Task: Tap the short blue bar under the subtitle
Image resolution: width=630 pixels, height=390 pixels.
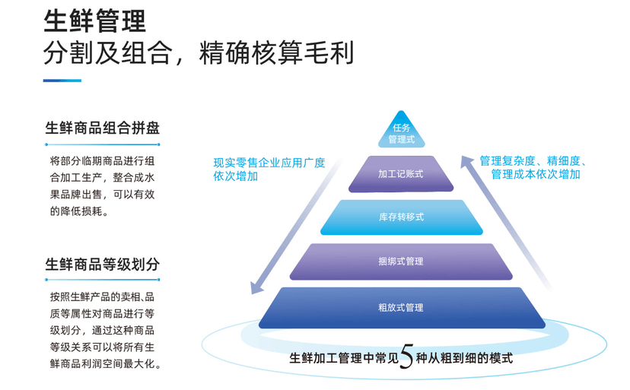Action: pyautogui.click(x=62, y=81)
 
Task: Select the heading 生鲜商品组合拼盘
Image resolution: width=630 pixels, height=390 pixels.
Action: pyautogui.click(x=102, y=128)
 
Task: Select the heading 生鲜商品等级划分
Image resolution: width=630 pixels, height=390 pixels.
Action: pyautogui.click(x=102, y=264)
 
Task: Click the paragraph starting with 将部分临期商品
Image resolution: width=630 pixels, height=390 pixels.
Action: pyautogui.click(x=102, y=186)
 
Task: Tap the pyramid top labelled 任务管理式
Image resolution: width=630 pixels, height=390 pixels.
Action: pyautogui.click(x=401, y=134)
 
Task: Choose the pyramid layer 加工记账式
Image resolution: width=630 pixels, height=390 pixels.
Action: pyautogui.click(x=401, y=174)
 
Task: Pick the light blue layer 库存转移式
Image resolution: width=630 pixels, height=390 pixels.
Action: pyautogui.click(x=401, y=217)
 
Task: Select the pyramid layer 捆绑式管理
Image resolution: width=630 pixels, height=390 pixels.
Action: pyautogui.click(x=401, y=261)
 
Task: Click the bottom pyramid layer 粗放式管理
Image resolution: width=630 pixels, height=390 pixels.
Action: pyautogui.click(x=401, y=307)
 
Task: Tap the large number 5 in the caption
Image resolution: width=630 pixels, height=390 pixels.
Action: pyautogui.click(x=406, y=357)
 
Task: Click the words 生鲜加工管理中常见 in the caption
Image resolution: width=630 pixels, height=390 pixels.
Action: pyautogui.click(x=344, y=357)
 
